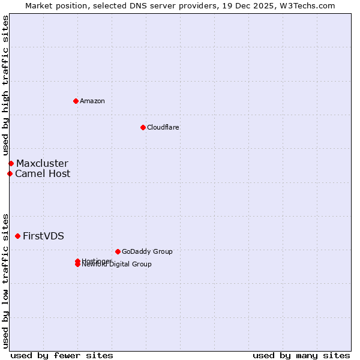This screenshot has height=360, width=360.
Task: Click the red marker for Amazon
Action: pos(76,101)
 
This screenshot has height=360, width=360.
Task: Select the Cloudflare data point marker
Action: pos(143,127)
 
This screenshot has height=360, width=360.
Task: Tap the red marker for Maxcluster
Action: pos(11,163)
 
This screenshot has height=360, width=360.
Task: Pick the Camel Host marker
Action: pos(10,173)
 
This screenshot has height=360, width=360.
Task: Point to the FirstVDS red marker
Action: pos(17,236)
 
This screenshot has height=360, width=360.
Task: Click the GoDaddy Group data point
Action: pos(118,251)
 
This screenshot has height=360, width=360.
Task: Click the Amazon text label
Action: pos(92,101)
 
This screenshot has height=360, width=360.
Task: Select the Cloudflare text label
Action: pos(163,127)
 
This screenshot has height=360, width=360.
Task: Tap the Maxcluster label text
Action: pos(42,163)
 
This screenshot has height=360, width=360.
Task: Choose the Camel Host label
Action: pos(43,173)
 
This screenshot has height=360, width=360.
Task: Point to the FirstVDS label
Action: pos(43,236)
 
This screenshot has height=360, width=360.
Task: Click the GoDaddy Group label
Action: pos(147,251)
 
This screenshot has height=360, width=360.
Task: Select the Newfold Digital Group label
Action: pos(118,265)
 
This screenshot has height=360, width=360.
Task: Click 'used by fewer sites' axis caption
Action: pos(62,355)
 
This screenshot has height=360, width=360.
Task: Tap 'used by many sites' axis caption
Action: pos(301,355)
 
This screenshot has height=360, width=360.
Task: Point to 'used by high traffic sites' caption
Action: pos(6,85)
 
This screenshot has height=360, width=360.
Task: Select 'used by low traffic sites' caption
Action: pos(6,280)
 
